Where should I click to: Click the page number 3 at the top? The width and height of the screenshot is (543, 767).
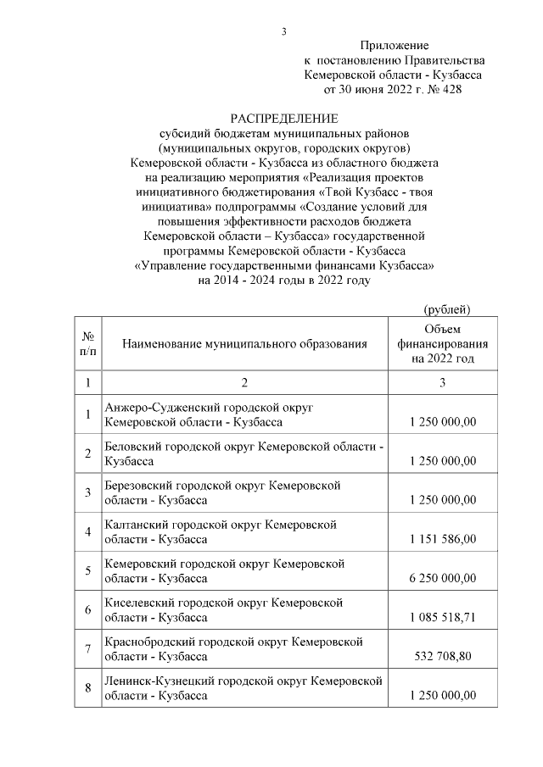point(284,32)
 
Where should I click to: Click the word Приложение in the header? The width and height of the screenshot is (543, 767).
point(395,45)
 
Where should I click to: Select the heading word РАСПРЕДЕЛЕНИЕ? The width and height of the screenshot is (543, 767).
point(284,118)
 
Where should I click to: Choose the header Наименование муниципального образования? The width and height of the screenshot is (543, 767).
point(244,344)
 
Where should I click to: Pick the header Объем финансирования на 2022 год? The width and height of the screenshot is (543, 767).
point(442,343)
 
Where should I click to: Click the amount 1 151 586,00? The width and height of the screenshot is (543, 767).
point(442,539)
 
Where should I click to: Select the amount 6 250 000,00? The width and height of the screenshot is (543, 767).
point(442,578)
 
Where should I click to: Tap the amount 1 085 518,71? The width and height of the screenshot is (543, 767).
point(442,617)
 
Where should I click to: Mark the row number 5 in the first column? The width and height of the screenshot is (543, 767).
point(88,570)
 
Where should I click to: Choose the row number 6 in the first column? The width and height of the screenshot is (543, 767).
point(88,609)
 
